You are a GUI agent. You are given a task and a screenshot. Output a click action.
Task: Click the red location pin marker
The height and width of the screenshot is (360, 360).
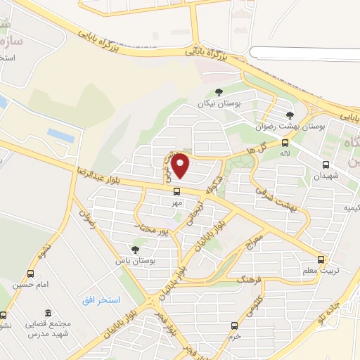[x=181, y=166]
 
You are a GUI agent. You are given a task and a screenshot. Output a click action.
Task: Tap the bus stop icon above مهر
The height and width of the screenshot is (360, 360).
[x=176, y=190]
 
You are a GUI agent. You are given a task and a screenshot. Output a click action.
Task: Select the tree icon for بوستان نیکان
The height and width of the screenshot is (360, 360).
[x=219, y=92]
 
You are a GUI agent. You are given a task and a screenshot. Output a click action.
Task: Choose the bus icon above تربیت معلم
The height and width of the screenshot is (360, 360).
[x=321, y=259]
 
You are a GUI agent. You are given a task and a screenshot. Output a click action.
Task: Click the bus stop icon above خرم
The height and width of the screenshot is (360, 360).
[x=235, y=326]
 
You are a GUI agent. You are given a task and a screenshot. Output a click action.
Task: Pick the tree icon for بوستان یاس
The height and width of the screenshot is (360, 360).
[x=134, y=250]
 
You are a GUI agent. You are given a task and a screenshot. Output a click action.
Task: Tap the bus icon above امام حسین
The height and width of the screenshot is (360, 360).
[x=30, y=273]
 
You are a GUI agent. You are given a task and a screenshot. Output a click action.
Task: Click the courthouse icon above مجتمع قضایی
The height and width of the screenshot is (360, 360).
[x=48, y=313]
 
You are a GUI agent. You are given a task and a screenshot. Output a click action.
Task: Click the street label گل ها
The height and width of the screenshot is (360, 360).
[x=255, y=149]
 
